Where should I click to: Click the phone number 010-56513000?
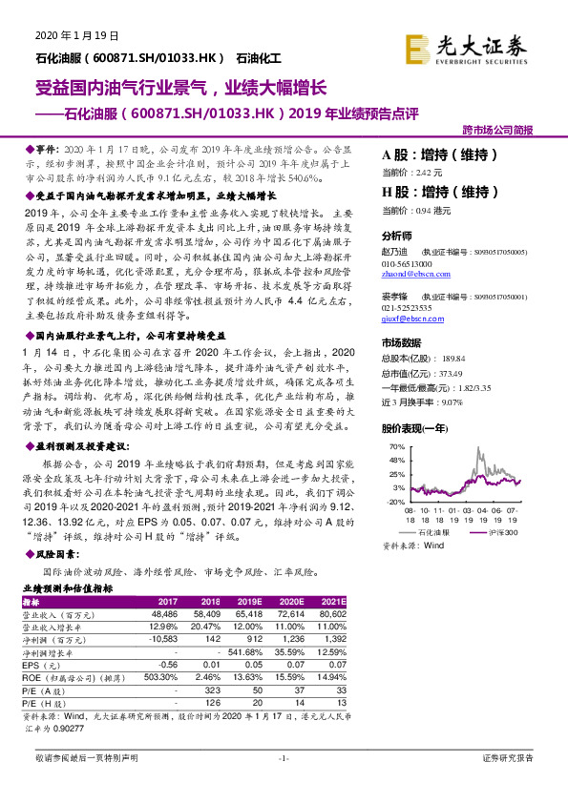pyautogui.click(x=407, y=262)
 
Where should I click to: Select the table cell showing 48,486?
pyautogui.click(x=165, y=616)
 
